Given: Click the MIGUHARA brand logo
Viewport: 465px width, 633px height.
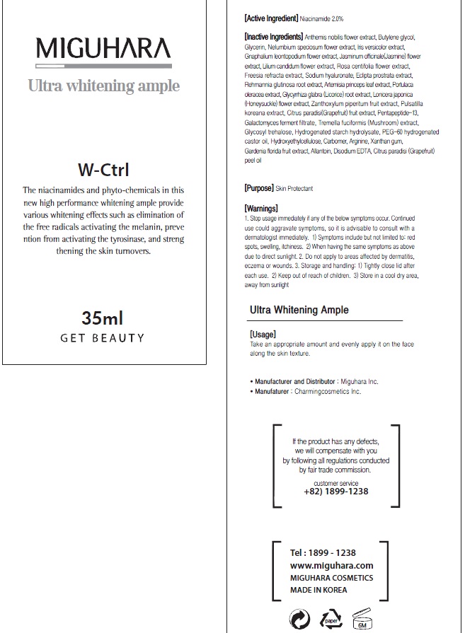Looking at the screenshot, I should [103, 49].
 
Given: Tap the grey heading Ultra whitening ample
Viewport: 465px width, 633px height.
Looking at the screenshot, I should [103, 86].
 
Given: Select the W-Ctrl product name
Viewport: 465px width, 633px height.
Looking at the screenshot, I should [103, 170].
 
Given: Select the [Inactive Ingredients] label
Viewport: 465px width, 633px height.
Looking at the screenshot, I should [274, 36].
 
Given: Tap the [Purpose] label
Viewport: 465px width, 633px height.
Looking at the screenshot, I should [258, 189].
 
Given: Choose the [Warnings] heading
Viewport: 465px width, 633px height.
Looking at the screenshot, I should [261, 209].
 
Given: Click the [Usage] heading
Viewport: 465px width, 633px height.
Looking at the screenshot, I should [263, 335].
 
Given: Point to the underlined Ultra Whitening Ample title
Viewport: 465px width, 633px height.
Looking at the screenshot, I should [299, 310].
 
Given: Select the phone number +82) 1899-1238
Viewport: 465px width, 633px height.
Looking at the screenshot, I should [336, 492].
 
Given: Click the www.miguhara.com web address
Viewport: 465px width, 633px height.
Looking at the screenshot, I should [331, 566].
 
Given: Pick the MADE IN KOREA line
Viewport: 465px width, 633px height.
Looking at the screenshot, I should [319, 590].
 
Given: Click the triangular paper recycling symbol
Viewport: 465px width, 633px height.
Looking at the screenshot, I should [331, 620].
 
